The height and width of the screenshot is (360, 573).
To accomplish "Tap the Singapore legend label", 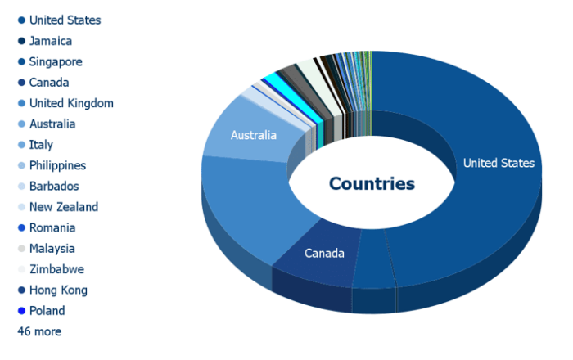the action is (x=56, y=61).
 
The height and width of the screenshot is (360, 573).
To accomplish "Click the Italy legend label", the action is (x=41, y=145).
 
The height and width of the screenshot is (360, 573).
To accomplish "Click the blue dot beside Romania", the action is (x=21, y=227).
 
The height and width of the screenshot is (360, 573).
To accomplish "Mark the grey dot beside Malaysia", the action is (x=21, y=249).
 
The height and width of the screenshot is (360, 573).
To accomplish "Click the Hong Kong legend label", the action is (x=58, y=290).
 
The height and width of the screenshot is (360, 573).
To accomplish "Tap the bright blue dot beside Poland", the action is (x=21, y=311).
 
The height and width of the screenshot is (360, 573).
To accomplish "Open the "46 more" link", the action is (x=39, y=331).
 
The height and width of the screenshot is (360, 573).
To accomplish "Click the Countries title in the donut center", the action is (x=372, y=183).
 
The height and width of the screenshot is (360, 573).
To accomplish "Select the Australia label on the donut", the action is (x=254, y=135).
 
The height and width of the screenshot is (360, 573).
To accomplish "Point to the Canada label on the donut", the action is (x=324, y=253).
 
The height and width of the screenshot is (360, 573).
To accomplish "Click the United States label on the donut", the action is (x=499, y=163).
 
